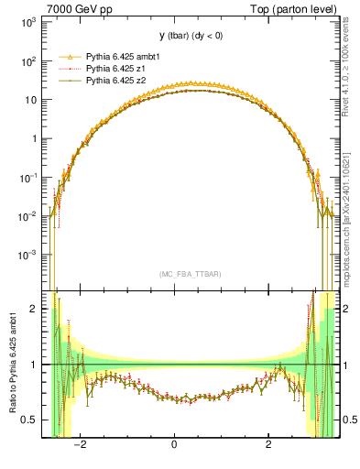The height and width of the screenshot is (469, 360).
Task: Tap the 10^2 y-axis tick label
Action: [x=27, y=61]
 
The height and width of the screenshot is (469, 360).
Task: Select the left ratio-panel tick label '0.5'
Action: [x=29, y=420]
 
